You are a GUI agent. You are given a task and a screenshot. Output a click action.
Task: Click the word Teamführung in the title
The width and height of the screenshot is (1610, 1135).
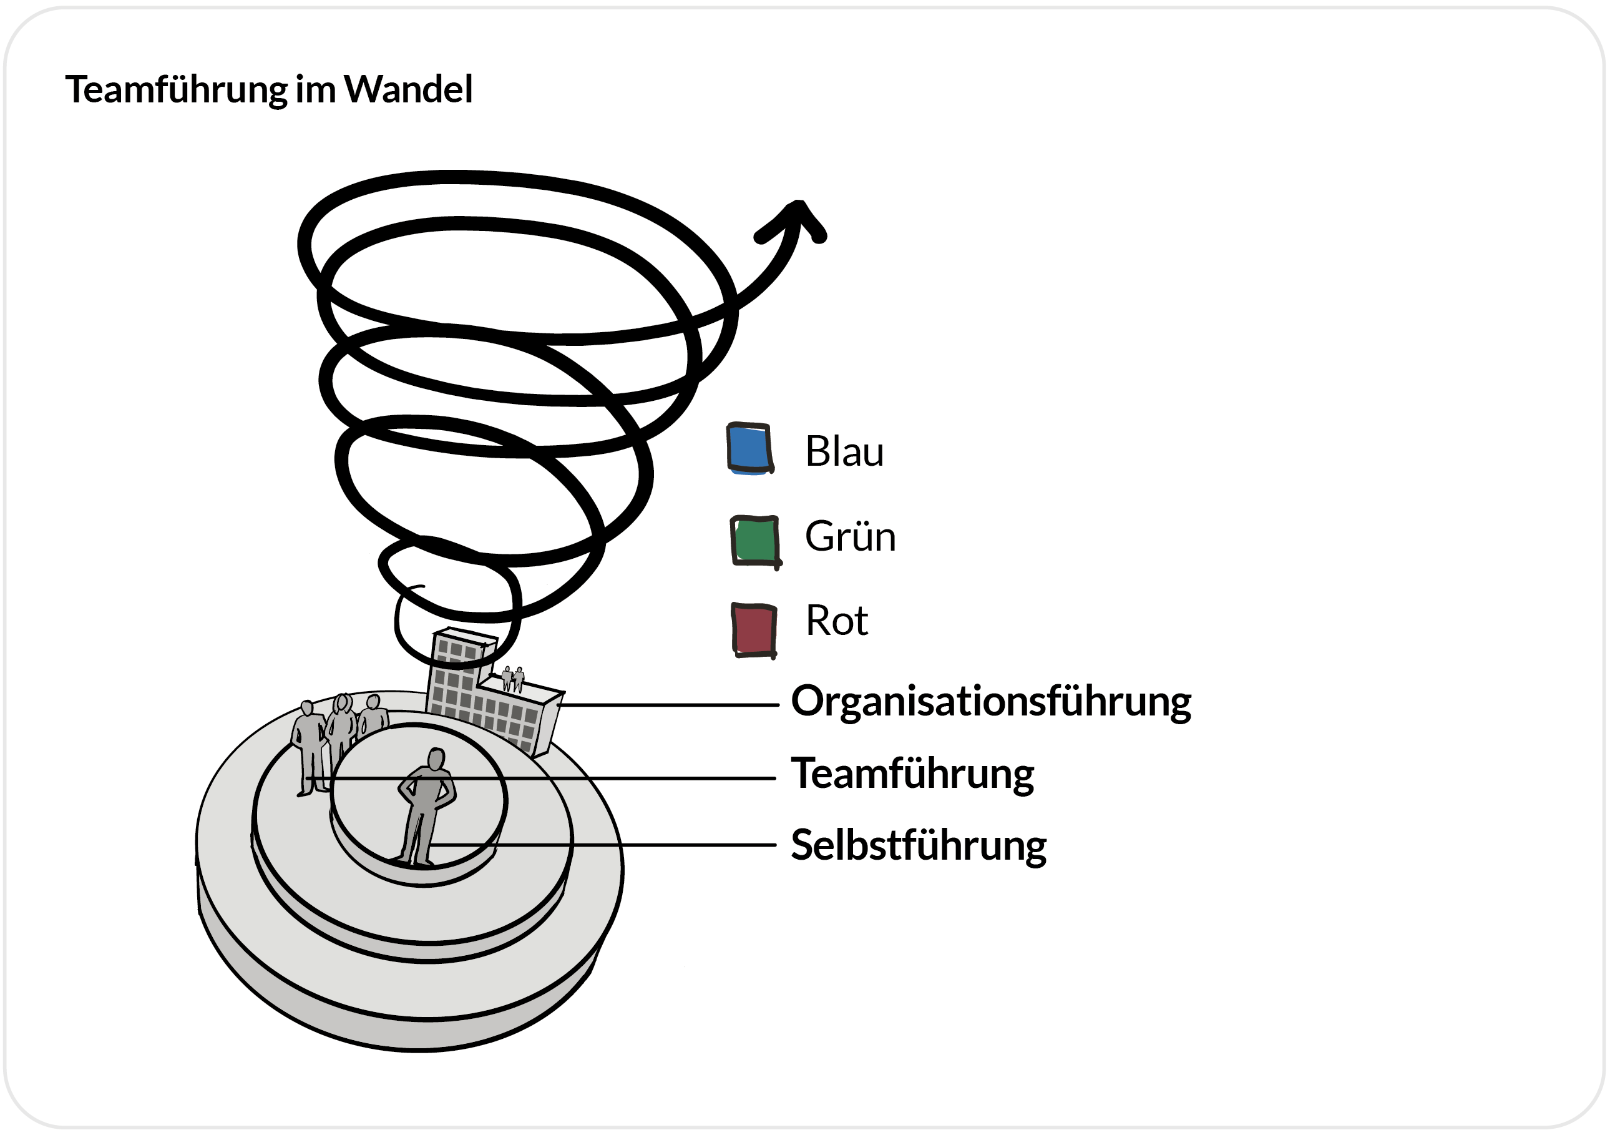coord(176,90)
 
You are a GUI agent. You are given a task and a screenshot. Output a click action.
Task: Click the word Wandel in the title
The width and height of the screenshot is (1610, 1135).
coord(408,90)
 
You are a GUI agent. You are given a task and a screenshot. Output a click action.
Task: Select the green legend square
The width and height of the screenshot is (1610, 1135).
coord(754,540)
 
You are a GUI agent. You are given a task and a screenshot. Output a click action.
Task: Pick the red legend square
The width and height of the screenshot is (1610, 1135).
coord(754,629)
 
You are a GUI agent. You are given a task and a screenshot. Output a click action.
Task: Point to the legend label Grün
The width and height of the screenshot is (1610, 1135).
coord(850,537)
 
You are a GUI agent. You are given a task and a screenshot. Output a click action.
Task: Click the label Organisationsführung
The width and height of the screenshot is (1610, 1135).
coord(991,702)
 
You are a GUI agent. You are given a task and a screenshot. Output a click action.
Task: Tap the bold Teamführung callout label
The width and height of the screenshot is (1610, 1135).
coord(912,774)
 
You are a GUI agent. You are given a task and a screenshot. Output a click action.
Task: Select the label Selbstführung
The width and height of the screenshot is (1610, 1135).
coord(919,845)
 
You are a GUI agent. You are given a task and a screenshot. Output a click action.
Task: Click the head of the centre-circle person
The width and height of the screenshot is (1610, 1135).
coord(436,759)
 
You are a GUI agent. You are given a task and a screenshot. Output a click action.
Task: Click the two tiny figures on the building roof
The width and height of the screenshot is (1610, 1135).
coord(512,679)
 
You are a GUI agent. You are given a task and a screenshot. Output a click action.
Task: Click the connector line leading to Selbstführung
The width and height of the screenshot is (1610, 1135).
coord(603,845)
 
